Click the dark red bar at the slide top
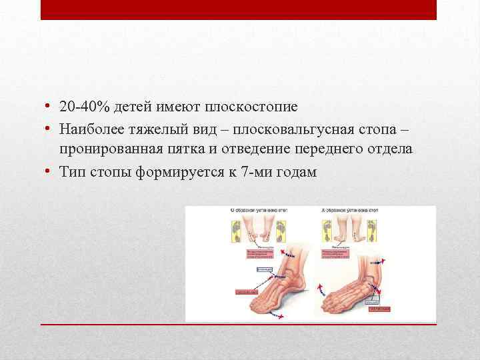[x=239, y=9]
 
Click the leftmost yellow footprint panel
[x=235, y=231]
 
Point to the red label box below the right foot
[x=381, y=309]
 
